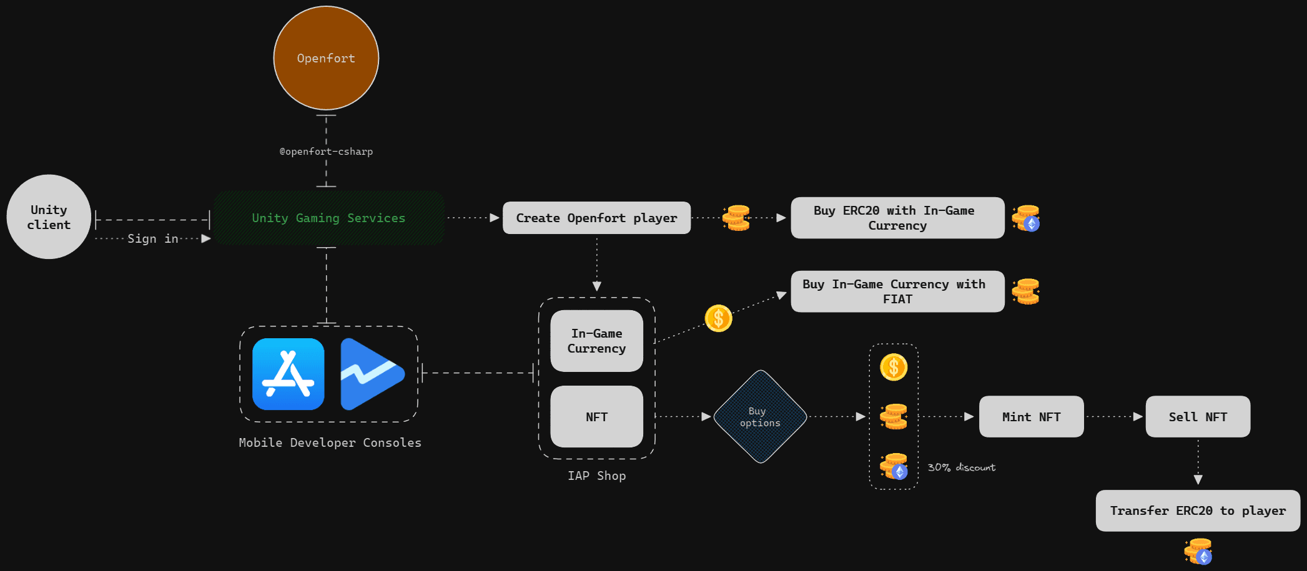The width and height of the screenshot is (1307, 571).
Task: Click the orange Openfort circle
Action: [x=326, y=58]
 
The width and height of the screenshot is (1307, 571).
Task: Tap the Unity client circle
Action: [x=49, y=217]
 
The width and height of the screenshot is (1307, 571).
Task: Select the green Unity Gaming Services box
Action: [x=328, y=218]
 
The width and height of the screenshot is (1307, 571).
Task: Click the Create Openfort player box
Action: [x=596, y=218]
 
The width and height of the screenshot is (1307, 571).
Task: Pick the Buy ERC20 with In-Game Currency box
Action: [x=897, y=218]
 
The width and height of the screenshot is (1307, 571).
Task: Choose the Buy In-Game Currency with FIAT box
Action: [x=897, y=291]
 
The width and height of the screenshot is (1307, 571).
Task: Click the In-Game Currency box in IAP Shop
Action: [x=596, y=341]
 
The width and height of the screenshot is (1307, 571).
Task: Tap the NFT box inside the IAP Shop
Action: [x=596, y=416]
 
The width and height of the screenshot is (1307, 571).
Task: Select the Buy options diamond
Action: [x=760, y=416]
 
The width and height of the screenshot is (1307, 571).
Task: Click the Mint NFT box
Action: [x=1031, y=416]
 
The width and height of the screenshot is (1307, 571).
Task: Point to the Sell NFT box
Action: [x=1197, y=416]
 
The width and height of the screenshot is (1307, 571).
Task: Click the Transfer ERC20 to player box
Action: [x=1197, y=510]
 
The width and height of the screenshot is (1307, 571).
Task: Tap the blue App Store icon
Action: [x=288, y=374]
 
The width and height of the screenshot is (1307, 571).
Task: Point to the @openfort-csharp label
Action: [x=326, y=152]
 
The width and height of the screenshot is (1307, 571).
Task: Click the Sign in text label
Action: [x=153, y=238]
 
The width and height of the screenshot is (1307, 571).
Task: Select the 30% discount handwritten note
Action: [x=961, y=467]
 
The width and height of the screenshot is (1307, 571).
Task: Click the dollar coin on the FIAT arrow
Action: [x=718, y=318]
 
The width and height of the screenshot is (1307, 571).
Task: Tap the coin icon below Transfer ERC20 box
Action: [x=1198, y=552]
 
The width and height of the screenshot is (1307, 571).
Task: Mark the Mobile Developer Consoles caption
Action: [x=330, y=442]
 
